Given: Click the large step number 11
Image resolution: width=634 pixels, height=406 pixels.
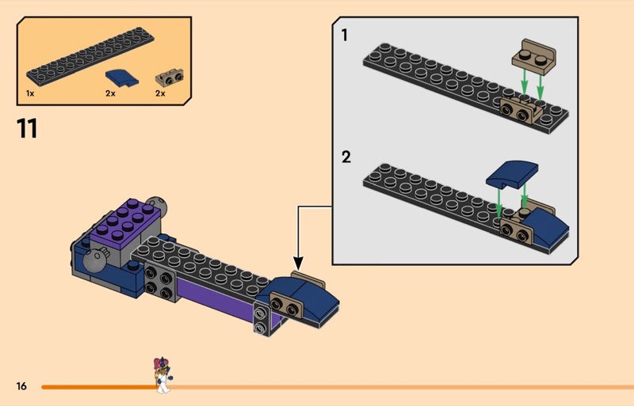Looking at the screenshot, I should (27, 128).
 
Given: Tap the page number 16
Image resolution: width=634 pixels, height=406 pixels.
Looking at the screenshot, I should (21, 386).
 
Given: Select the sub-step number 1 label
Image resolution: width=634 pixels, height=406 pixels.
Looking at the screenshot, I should (345, 36).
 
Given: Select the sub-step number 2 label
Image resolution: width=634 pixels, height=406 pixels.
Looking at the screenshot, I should (346, 157).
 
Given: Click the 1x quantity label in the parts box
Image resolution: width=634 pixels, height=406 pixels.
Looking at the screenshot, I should (30, 93).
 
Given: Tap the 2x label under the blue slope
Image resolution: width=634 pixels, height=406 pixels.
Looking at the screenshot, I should (110, 93).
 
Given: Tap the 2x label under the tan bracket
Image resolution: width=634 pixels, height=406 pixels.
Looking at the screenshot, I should (160, 93).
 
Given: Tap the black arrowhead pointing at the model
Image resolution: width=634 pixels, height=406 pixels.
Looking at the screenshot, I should (299, 264).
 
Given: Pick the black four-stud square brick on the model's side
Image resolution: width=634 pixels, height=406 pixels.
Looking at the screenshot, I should (161, 283).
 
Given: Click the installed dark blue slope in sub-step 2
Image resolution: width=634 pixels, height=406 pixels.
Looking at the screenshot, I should (549, 224).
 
